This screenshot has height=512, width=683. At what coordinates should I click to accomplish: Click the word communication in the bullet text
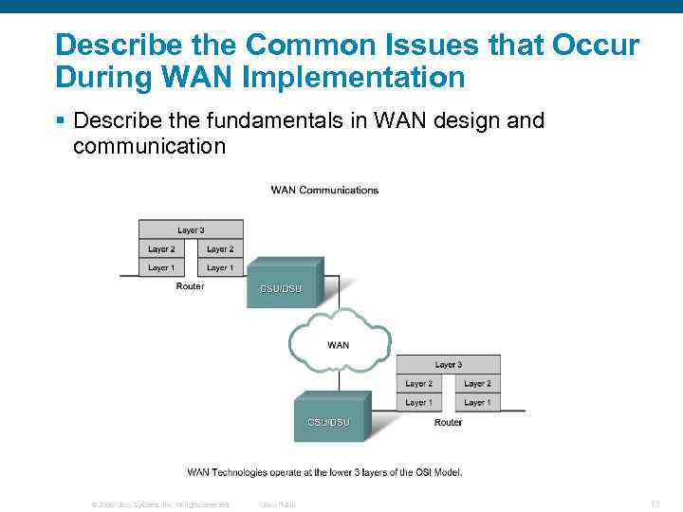[x=149, y=146]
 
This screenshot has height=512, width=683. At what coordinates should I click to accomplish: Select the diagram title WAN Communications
[x=324, y=190]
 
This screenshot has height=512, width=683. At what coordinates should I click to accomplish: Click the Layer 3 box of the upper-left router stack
[x=191, y=229]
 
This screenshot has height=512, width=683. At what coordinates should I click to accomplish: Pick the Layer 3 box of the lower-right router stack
[x=449, y=364]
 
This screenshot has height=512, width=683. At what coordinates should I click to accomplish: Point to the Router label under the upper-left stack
[x=190, y=286]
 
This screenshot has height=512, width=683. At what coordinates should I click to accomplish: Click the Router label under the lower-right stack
[x=448, y=422]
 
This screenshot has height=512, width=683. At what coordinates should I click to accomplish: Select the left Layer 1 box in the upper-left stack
[x=161, y=267]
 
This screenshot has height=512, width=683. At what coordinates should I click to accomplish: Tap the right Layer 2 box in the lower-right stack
[x=477, y=383]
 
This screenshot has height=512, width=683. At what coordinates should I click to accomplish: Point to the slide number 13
[x=655, y=503]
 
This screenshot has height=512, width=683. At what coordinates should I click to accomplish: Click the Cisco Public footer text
[x=277, y=504]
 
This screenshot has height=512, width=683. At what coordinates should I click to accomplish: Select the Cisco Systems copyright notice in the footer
[x=159, y=504]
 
